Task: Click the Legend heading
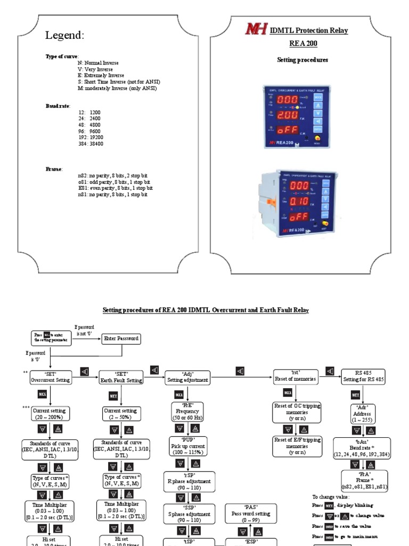point(64,36)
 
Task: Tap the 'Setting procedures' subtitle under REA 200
point(302,60)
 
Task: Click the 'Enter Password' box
point(121,338)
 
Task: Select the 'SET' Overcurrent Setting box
point(50,377)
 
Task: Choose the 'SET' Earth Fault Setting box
point(121,377)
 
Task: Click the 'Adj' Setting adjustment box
point(187,377)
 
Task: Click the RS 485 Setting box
point(363,377)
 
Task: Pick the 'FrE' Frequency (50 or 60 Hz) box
point(187,412)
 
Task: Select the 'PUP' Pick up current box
point(187,446)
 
